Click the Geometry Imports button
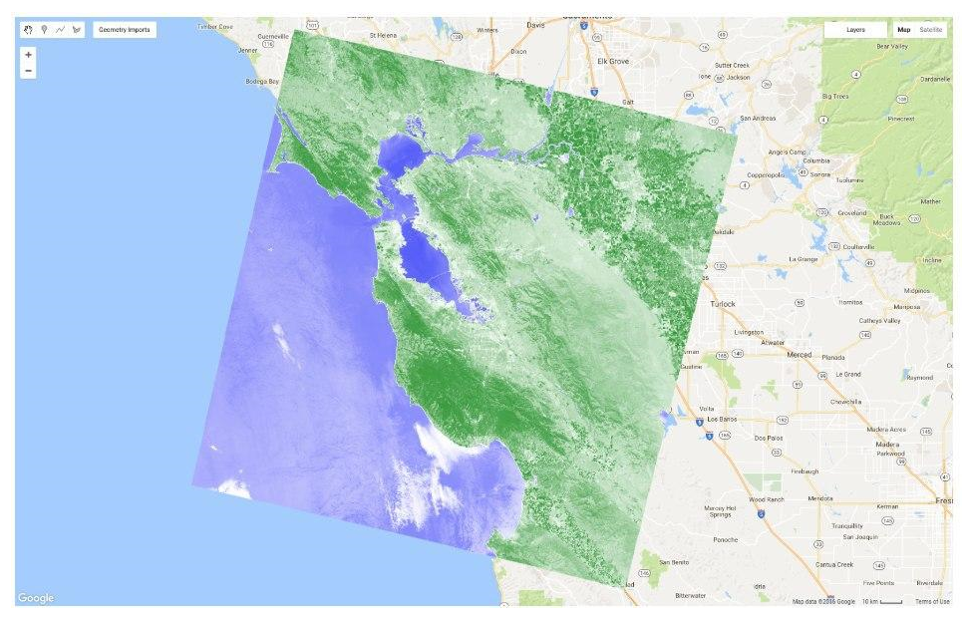click(x=125, y=30)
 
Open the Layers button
click(x=855, y=30)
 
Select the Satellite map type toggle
click(x=930, y=30)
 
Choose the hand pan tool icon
click(x=28, y=30)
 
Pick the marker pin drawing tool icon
click(x=44, y=30)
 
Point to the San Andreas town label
click(x=758, y=118)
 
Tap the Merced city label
click(x=800, y=354)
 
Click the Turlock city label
click(x=722, y=303)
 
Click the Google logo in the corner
click(x=36, y=598)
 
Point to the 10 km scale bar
click(x=882, y=601)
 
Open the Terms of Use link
click(x=932, y=601)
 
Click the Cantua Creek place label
click(x=834, y=564)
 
